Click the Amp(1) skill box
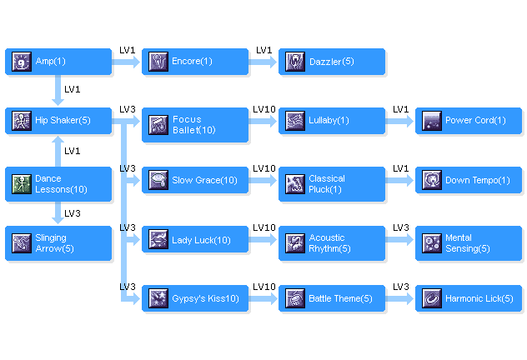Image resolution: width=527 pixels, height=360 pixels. [58, 62]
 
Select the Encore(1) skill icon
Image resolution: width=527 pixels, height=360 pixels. [158, 62]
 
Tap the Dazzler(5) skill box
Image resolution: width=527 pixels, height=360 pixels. [331, 62]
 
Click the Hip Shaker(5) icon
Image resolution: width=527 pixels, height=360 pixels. [21, 121]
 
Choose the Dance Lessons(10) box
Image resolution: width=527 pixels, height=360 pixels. [58, 184]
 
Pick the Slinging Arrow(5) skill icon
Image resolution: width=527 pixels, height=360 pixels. [21, 243]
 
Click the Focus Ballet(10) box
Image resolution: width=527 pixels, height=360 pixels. [194, 125]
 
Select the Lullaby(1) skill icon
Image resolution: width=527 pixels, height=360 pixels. [294, 121]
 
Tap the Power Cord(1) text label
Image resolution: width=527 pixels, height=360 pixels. [475, 121]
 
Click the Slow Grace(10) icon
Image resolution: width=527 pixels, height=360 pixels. [158, 180]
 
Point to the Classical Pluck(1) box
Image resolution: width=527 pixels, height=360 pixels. [331, 184]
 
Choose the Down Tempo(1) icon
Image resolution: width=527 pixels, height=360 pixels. [431, 180]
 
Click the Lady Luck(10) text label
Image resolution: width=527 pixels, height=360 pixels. [201, 240]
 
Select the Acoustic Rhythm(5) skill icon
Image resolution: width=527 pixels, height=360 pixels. [294, 243]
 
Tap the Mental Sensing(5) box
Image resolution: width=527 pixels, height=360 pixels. [468, 243]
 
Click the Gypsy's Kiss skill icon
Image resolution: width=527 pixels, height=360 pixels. [158, 298]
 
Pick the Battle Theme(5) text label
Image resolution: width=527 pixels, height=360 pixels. [340, 298]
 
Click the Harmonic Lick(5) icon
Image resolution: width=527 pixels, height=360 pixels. [431, 298]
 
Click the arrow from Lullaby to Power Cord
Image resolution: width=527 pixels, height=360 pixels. [400, 121]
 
